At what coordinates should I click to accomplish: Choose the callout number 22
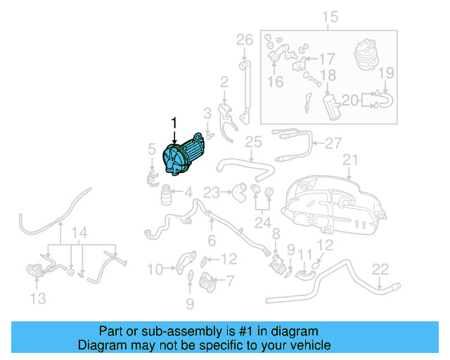[380, 269]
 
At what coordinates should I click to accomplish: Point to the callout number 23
[212, 191]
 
